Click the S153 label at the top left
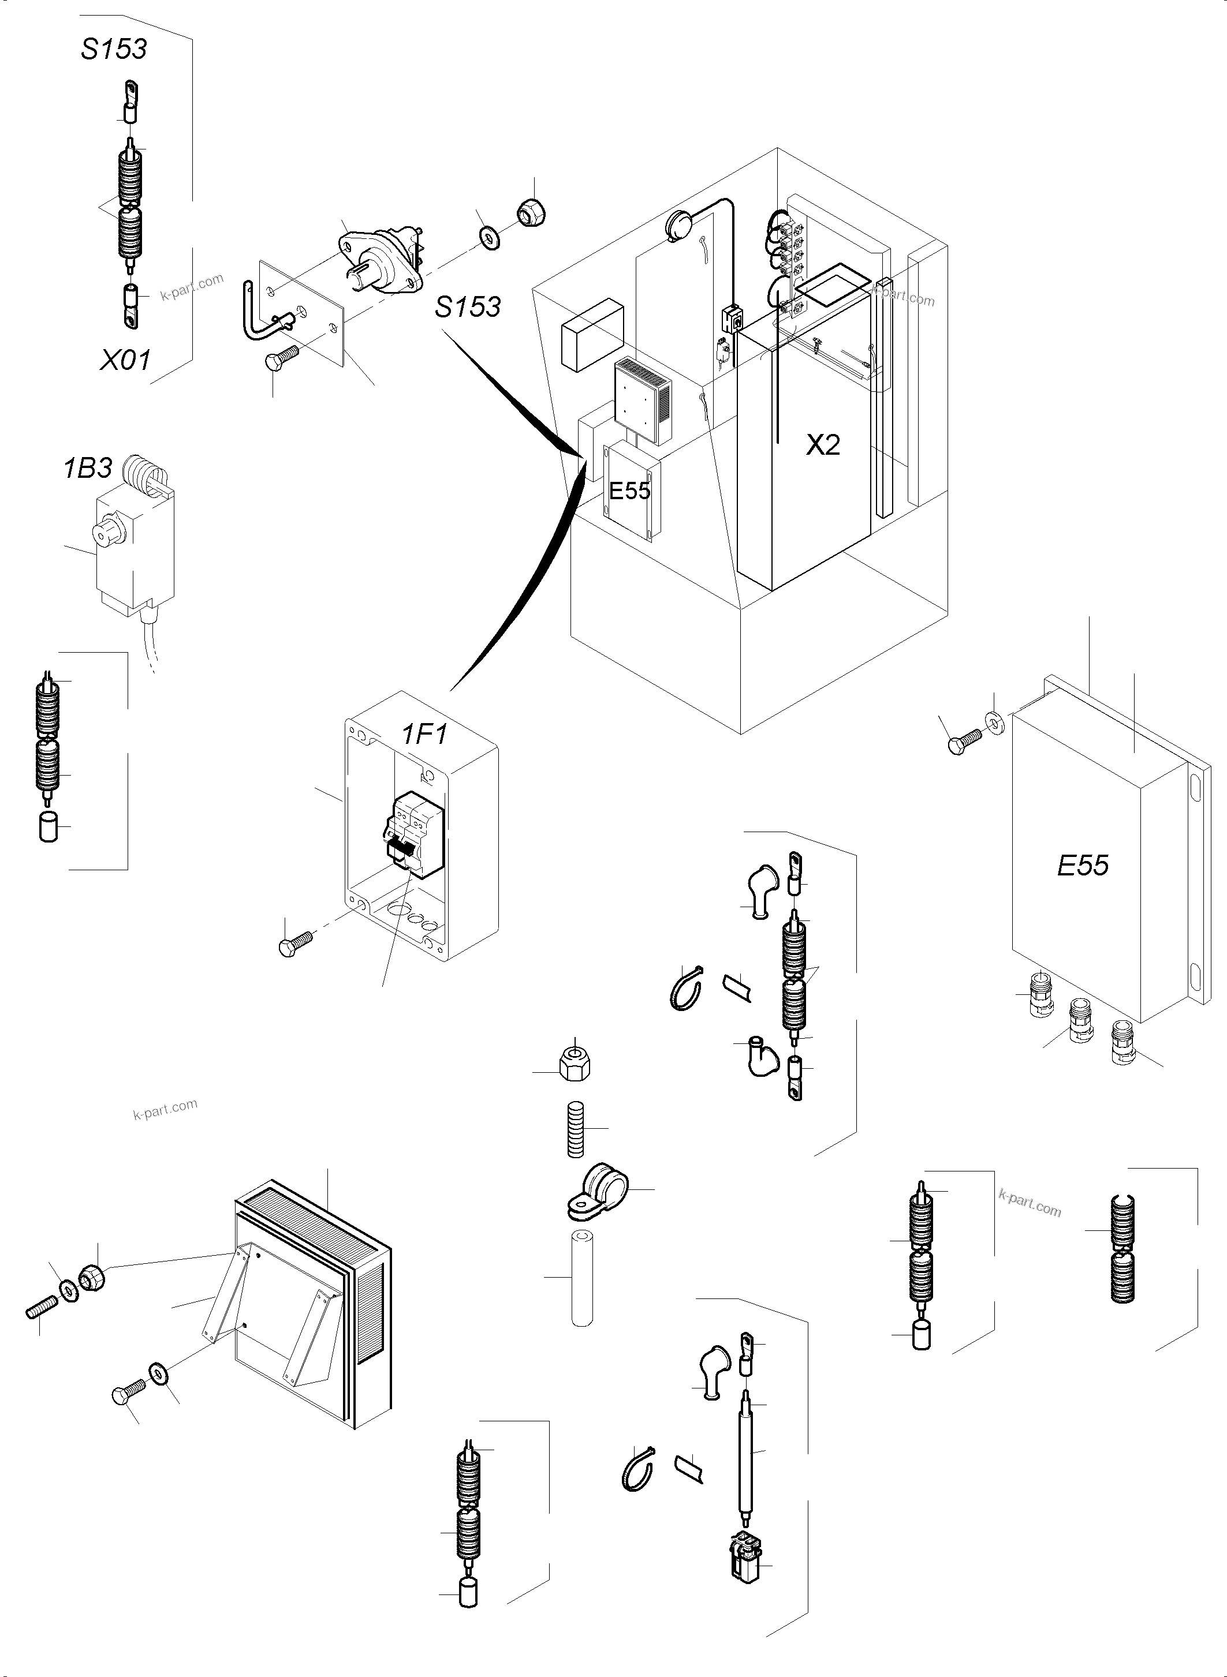pyautogui.click(x=114, y=49)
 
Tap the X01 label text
pyautogui.click(x=125, y=360)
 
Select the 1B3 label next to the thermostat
pyautogui.click(x=88, y=469)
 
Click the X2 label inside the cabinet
pyautogui.click(x=823, y=445)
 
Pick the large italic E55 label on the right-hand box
pyautogui.click(x=1082, y=865)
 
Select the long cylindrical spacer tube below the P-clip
pyautogui.click(x=582, y=1279)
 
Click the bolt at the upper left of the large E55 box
pyautogui.click(x=963, y=742)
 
